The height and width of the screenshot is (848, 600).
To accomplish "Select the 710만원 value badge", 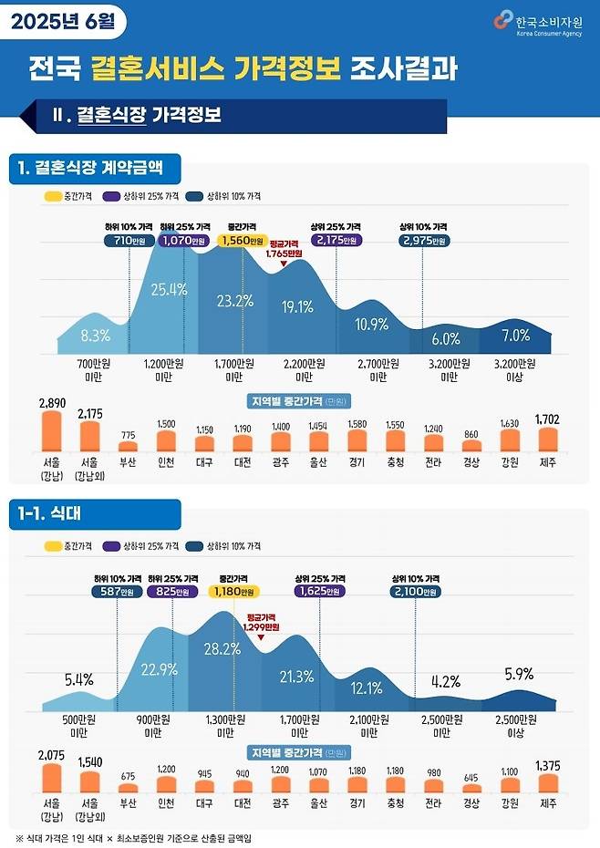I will (x=129, y=241).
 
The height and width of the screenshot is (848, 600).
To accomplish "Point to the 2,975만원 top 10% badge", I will (x=423, y=241).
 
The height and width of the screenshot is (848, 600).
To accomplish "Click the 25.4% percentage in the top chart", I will (x=169, y=290).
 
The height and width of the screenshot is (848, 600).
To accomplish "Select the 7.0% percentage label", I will (x=515, y=336).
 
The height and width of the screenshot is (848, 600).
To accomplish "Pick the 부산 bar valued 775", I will (x=129, y=447).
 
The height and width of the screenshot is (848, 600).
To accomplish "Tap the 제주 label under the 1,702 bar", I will (x=547, y=463).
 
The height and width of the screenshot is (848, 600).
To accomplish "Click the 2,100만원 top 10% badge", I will (x=416, y=591).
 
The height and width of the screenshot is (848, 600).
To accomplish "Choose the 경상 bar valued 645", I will (x=471, y=788).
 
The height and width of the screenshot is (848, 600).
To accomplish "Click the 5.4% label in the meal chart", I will (x=79, y=679).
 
